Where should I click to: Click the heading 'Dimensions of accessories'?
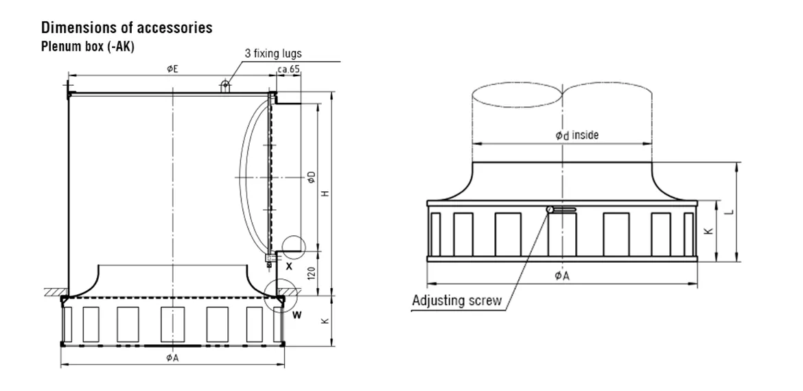127,28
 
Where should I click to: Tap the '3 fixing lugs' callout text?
272,54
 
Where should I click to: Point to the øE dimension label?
172,69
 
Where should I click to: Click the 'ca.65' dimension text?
288,69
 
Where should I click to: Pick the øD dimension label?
310,178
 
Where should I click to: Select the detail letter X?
288,265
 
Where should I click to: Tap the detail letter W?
296,315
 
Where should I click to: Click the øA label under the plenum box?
172,357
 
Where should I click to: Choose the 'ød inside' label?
577,135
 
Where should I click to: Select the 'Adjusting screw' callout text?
456,300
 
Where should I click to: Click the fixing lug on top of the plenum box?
224,86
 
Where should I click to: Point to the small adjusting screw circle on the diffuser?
550,209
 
